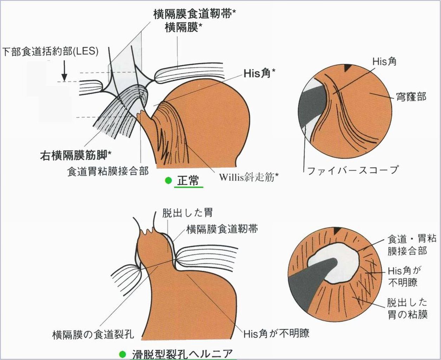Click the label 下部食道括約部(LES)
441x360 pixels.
point(50,52)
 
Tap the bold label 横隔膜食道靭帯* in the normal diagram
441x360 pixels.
point(195,14)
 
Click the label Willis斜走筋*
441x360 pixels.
point(249,178)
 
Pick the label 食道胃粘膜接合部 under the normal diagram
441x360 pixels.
point(108,171)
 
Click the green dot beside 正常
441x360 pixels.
point(168,180)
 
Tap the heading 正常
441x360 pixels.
point(188,180)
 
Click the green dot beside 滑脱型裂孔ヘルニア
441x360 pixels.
point(122,354)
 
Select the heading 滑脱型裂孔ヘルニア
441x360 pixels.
point(182,354)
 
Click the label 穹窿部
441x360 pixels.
point(411,97)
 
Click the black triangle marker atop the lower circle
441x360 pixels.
point(337,230)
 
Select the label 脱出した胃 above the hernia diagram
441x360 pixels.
point(187,213)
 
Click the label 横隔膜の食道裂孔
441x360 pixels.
point(93,334)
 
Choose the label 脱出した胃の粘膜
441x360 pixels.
point(407,308)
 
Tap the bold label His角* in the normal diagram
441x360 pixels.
point(259,73)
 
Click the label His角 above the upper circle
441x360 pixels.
point(384,62)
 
